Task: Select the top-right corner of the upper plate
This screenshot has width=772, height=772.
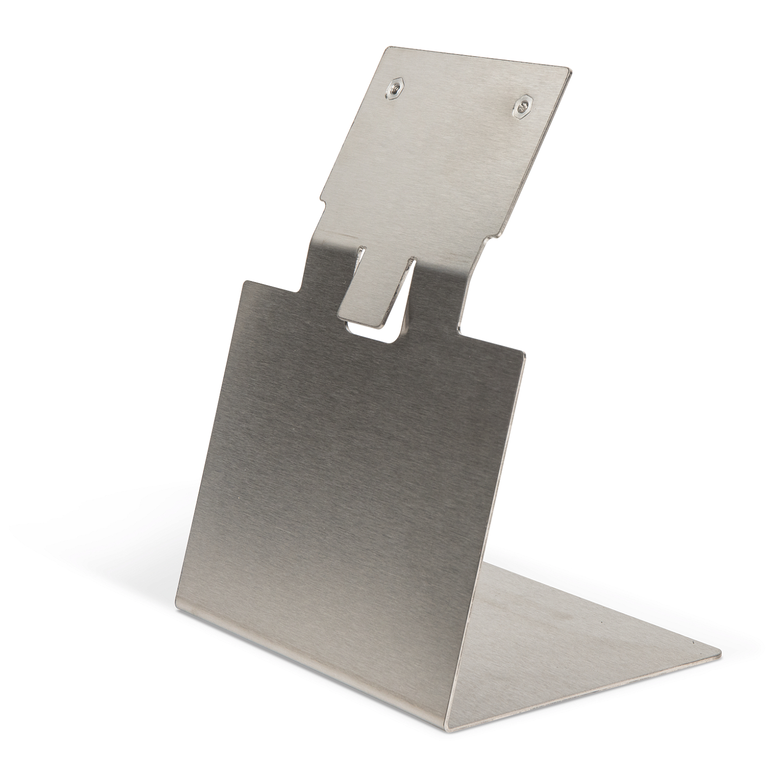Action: pos(570,69)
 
